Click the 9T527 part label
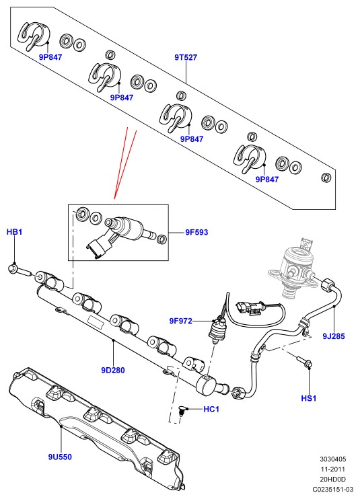[x=186, y=58]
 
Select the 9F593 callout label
[x=196, y=232]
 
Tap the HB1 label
[x=14, y=232]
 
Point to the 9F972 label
[x=181, y=321]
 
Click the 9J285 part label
[x=334, y=336]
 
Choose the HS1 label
[x=309, y=398]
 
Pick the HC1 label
[x=211, y=409]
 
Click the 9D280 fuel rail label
[x=113, y=370]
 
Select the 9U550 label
[x=60, y=457]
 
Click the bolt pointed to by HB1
[x=18, y=270]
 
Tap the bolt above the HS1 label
[x=304, y=362]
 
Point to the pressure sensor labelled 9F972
[x=217, y=331]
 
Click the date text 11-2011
[x=332, y=469]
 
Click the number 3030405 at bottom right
[x=332, y=459]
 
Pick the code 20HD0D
[x=332, y=479]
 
